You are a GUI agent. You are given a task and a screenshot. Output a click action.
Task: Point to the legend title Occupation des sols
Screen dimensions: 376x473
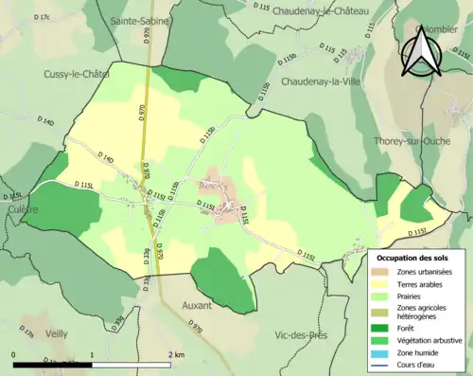tap(412, 258)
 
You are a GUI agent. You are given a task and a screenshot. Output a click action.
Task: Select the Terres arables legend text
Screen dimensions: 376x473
tap(424, 283)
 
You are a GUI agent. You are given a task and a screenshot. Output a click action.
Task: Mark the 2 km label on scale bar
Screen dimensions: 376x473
tap(177, 353)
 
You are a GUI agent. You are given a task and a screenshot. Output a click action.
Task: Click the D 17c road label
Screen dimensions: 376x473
tap(41, 17)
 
